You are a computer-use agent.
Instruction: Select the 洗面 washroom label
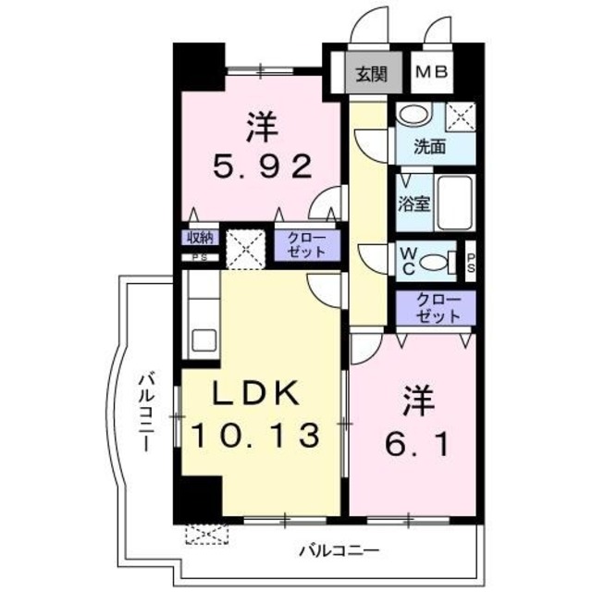pyautogui.click(x=429, y=146)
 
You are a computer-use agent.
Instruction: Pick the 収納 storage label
pyautogui.click(x=200, y=237)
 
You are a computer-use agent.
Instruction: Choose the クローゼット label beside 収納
pyautogui.click(x=306, y=246)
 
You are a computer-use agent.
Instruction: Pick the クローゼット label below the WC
pyautogui.click(x=436, y=308)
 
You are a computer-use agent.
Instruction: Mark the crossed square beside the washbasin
pyautogui.click(x=459, y=117)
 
